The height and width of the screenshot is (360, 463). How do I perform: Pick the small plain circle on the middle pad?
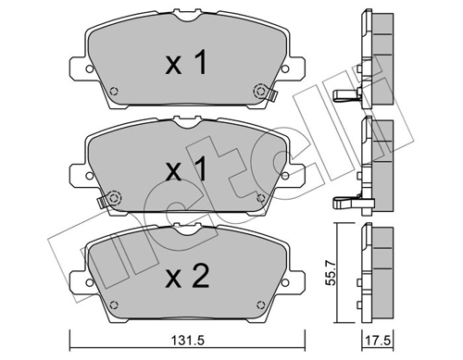260,197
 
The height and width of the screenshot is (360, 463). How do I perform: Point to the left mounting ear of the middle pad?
79,172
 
